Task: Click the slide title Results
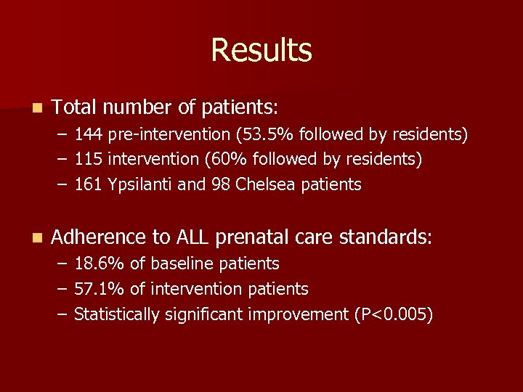click(x=261, y=50)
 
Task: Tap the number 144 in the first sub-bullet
click(x=88, y=134)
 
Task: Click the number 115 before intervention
click(x=88, y=159)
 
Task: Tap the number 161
click(x=88, y=184)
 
